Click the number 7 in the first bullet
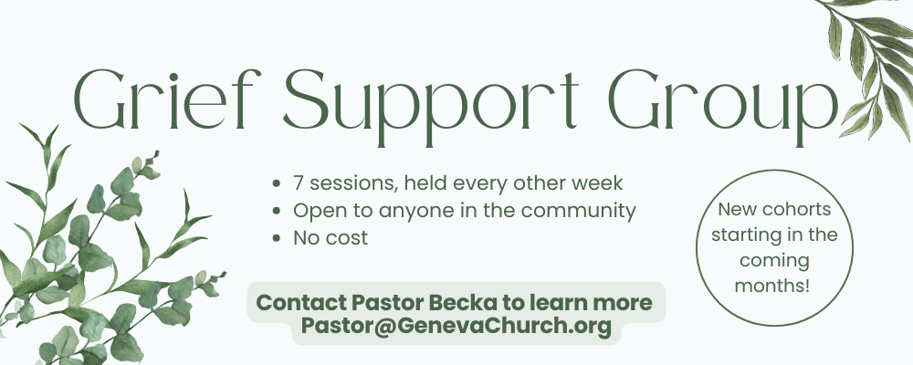pyautogui.click(x=299, y=182)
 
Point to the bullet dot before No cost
pyautogui.click(x=277, y=238)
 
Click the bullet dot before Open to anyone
pyautogui.click(x=277, y=211)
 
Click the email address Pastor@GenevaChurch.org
pyautogui.click(x=456, y=326)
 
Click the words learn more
pyautogui.click(x=591, y=303)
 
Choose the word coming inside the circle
pyautogui.click(x=774, y=261)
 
